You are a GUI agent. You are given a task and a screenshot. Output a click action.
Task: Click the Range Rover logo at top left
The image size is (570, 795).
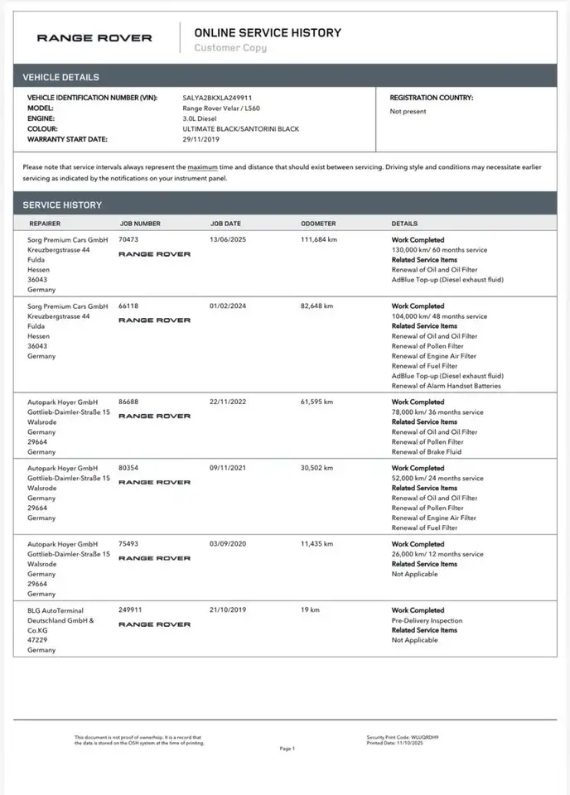point(94,37)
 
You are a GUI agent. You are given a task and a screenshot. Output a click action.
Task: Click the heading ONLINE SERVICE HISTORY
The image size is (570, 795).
point(267,32)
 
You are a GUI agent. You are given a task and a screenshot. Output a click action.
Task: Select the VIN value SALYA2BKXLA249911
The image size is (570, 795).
point(217,98)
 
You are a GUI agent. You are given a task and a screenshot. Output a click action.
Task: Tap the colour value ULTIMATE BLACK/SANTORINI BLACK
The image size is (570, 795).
point(240,128)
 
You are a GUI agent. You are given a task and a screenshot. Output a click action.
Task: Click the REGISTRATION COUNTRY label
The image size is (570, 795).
point(432,98)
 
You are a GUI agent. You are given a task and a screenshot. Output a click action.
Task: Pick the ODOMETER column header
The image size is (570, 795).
point(318,224)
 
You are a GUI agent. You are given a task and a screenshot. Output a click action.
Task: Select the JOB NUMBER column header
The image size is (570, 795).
point(140,224)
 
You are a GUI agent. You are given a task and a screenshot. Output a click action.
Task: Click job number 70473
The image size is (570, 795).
point(128,239)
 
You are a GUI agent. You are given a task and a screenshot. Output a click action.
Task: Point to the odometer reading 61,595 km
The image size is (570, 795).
point(316,402)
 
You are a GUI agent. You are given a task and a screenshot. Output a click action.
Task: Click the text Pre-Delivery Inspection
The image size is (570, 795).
point(427,620)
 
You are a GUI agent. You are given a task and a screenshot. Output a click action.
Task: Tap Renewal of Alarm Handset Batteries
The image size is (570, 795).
point(446,386)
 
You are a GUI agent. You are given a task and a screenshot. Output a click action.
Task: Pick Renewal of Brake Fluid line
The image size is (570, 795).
point(427,452)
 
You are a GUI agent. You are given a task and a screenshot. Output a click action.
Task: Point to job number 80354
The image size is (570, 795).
point(128,468)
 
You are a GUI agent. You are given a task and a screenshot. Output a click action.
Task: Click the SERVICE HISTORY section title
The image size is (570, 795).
point(62,205)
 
